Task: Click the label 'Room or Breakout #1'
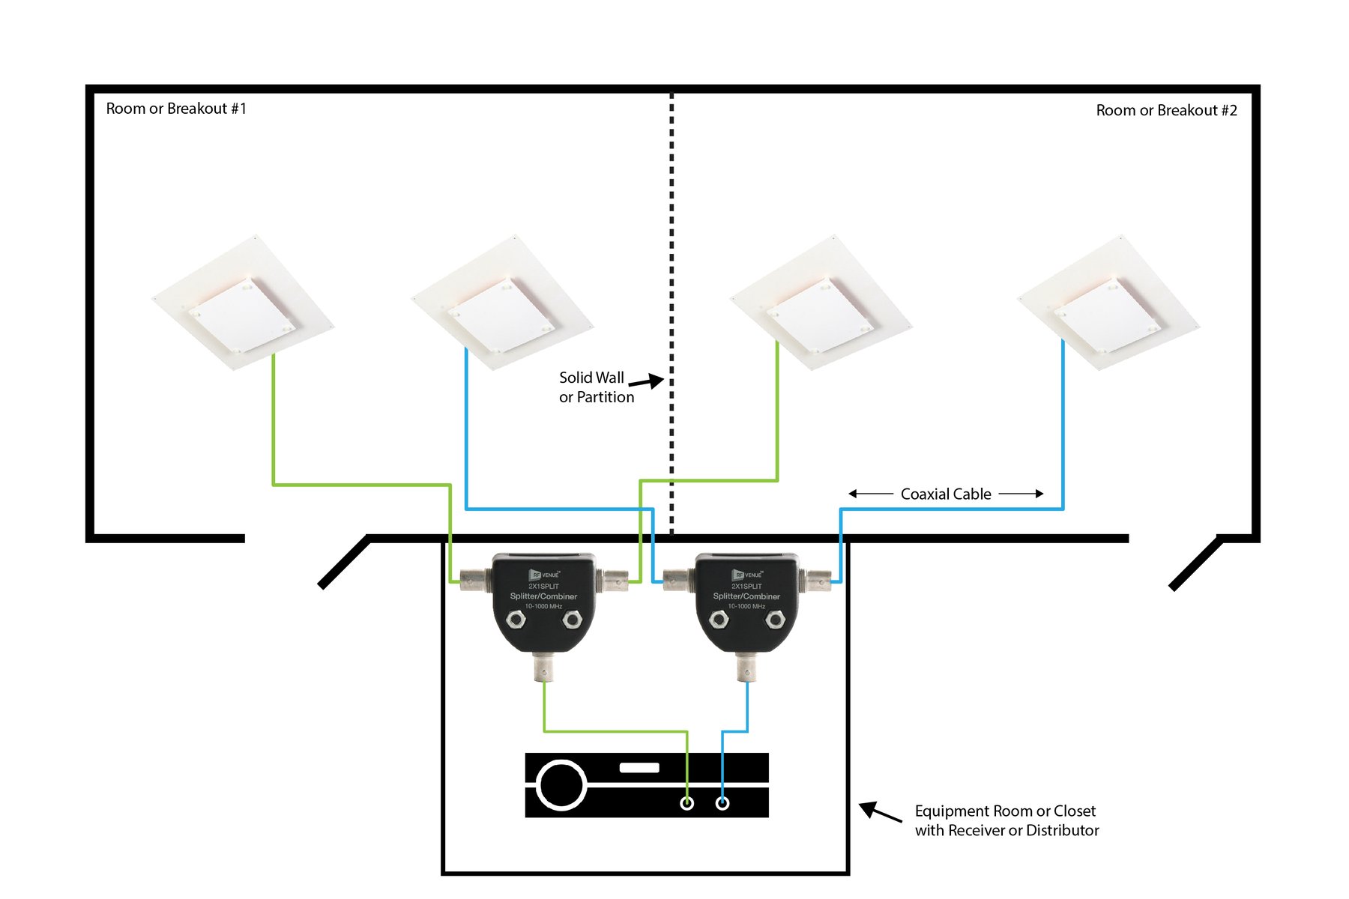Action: pos(176,109)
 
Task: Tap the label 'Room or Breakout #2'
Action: pos(1166,111)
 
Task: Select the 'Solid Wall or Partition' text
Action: pos(596,387)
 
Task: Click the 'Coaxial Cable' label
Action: pos(946,494)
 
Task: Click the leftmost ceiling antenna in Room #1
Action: pos(243,303)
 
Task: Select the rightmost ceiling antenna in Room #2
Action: pos(1108,303)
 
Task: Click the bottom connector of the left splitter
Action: pos(543,667)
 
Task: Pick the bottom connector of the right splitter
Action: pos(746,667)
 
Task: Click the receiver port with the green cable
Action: pos(686,803)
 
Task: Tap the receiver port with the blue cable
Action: pos(722,803)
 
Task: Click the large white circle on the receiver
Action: pos(561,785)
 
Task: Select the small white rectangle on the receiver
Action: pos(639,768)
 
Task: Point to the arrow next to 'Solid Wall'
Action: pos(646,381)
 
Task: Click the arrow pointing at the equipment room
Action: pos(879,812)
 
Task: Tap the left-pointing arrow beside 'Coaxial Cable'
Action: pos(869,494)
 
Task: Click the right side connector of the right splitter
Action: pos(817,578)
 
